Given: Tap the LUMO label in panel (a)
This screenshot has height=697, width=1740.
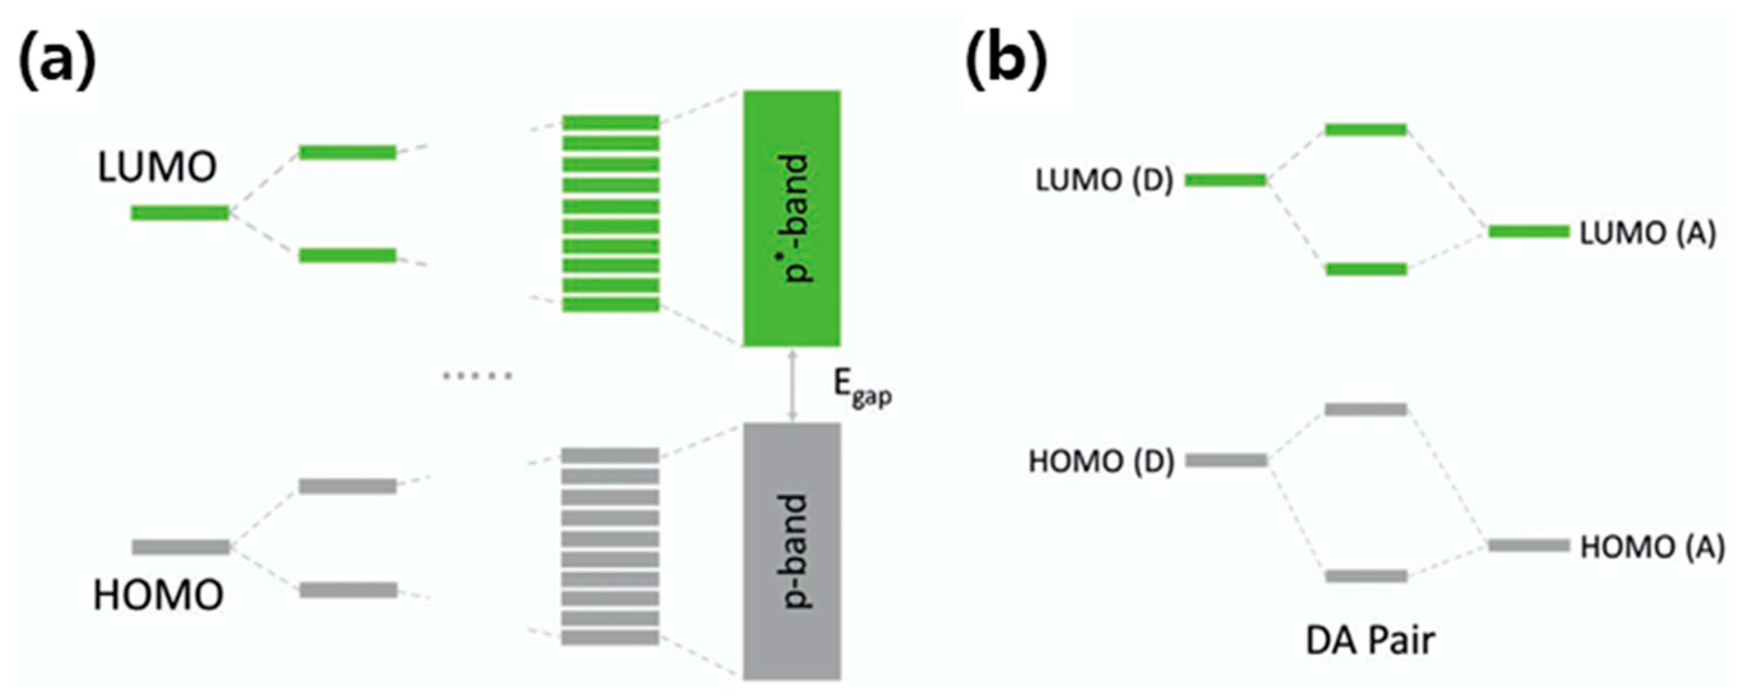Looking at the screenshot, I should point(156,168).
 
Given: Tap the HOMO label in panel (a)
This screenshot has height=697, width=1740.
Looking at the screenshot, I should point(158,595).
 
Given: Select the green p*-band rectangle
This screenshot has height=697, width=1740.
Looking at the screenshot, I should point(792,218).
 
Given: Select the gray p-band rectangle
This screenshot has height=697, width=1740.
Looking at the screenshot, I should point(792,551).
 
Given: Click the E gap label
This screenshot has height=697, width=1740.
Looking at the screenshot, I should point(862,389).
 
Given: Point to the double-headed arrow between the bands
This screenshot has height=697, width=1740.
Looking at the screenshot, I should point(793,384).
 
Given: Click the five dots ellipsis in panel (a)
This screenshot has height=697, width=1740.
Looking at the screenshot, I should point(477,376).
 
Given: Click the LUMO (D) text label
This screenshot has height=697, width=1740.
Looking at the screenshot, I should point(1104,181).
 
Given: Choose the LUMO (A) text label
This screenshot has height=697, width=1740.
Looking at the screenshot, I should point(1647,234).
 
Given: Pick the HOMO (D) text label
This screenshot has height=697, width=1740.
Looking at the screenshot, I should point(1101,462).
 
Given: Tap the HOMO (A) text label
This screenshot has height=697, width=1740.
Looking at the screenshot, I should point(1652,547).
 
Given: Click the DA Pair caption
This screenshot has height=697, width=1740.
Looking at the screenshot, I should point(1370,640).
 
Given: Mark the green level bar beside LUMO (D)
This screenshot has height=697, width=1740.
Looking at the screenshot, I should point(1225,180).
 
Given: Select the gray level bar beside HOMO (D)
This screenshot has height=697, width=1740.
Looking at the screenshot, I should point(1226,460).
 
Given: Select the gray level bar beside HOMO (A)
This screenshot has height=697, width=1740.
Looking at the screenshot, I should point(1529,545).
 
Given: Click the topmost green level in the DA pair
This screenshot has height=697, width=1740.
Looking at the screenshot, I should point(1366,129).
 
